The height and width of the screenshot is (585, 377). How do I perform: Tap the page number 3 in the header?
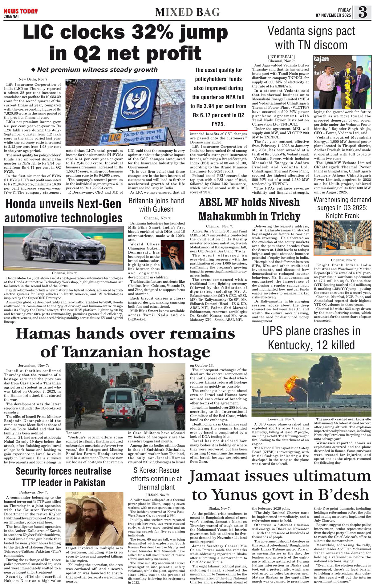pyautogui.click(x=363, y=12)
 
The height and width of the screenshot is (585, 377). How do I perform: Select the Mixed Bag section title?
pyautogui.click(x=187, y=12)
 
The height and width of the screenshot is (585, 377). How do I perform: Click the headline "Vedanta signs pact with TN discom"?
pyautogui.click(x=311, y=38)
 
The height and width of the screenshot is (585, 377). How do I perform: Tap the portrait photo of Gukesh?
pyautogui.click(x=172, y=255)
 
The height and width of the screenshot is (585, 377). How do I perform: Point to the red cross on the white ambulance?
pyautogui.click(x=124, y=410)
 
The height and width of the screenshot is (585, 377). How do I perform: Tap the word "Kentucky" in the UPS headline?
pyautogui.click(x=291, y=345)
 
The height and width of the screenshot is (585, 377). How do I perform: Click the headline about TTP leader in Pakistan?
pyautogui.click(x=63, y=477)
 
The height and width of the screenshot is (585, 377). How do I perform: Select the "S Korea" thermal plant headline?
pyautogui.click(x=156, y=478)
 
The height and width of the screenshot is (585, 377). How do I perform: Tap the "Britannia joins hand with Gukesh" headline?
pyautogui.click(x=156, y=205)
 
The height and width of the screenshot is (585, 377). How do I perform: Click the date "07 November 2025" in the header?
pyautogui.click(x=333, y=15)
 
